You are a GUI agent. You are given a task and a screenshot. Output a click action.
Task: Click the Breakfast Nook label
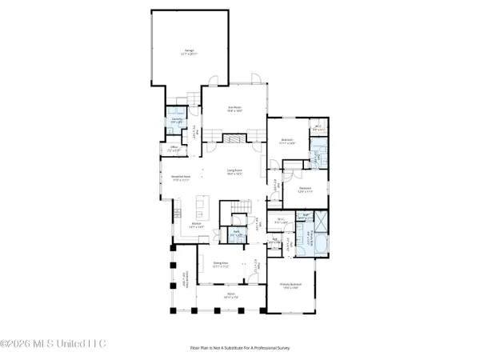click(181, 179)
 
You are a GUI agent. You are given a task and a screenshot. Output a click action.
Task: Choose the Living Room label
click(234, 171)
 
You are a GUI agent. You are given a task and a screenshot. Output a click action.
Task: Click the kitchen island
click(206, 213)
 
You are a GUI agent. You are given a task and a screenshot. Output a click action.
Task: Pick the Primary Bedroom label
click(289, 286)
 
